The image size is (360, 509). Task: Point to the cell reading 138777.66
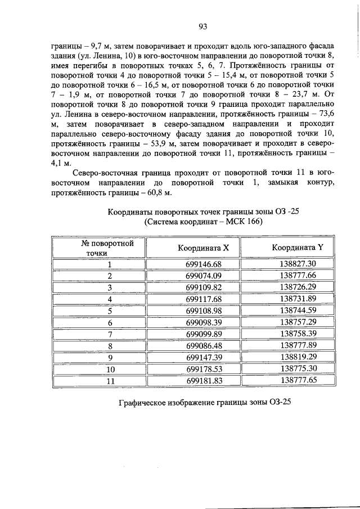(x=298, y=276)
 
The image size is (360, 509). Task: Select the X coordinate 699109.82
(x=204, y=287)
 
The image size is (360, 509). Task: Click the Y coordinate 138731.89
(x=298, y=299)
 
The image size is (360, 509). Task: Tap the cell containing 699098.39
(x=204, y=322)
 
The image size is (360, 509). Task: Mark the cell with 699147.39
(x=204, y=357)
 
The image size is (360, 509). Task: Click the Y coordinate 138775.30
(x=298, y=368)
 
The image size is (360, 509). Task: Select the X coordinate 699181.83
(x=204, y=380)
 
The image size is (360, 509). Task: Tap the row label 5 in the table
(x=110, y=310)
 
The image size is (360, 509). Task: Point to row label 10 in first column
(x=110, y=369)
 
